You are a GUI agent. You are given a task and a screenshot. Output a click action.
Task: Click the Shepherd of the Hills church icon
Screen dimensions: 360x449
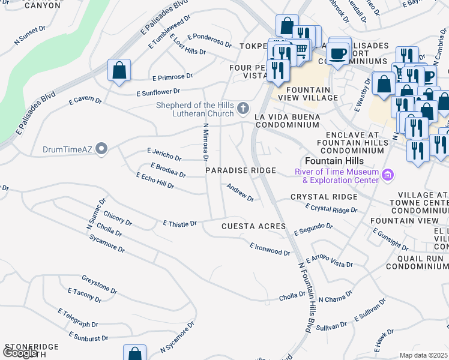click(x=243, y=108)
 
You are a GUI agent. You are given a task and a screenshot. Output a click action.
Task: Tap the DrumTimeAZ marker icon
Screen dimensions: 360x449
click(x=102, y=148)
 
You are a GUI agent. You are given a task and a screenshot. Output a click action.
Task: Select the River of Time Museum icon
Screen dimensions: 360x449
click(x=388, y=175)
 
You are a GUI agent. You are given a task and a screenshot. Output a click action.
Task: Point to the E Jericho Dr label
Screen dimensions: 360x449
click(x=164, y=155)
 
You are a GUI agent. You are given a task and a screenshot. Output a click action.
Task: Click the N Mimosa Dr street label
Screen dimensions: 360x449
click(x=205, y=142)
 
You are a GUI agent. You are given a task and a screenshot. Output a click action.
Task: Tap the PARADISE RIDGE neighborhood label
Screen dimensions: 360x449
click(x=241, y=171)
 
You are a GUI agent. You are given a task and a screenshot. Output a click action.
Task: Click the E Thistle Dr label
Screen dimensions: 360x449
click(x=180, y=223)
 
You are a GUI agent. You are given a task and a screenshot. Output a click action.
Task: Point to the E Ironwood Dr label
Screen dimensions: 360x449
click(x=270, y=248)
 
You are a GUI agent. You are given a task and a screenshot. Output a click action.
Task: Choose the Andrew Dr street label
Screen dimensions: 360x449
click(x=240, y=193)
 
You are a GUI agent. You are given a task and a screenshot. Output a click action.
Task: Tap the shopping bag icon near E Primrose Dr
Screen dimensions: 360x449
click(x=119, y=70)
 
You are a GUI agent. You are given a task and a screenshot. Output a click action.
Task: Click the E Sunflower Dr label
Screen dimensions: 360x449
click(x=158, y=92)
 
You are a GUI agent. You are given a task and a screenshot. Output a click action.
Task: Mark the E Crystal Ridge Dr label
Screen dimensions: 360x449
click(x=331, y=208)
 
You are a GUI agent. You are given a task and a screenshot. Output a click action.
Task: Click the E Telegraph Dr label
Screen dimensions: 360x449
click(x=78, y=319)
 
